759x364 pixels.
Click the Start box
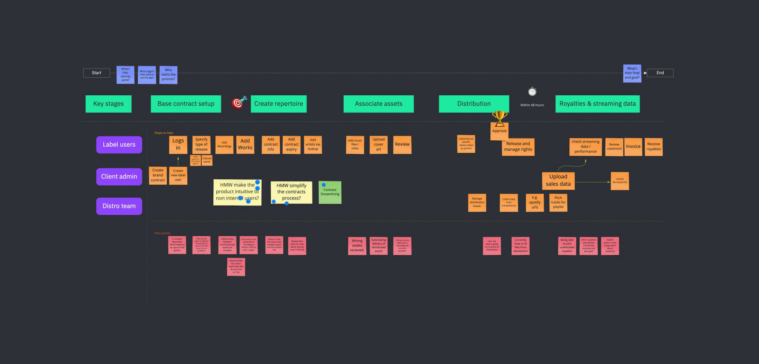(x=96, y=73)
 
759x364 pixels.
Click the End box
(x=660, y=73)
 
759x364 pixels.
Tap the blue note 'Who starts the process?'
(x=168, y=75)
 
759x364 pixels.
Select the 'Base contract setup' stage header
(x=186, y=104)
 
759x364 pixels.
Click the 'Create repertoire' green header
(x=278, y=104)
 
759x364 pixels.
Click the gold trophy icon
(x=499, y=117)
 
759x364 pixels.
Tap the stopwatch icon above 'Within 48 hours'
(x=532, y=92)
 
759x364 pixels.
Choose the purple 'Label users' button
(x=119, y=145)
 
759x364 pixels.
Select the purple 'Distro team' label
(x=119, y=206)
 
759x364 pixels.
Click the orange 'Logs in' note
(x=178, y=144)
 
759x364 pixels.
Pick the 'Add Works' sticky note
(x=245, y=144)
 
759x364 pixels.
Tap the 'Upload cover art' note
(x=378, y=144)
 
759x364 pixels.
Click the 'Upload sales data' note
(x=558, y=180)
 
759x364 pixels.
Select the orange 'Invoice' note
(x=633, y=146)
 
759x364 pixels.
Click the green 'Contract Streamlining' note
(x=330, y=193)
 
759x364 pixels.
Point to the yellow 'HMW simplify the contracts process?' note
(x=291, y=192)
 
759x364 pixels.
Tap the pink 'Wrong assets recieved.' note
(x=357, y=246)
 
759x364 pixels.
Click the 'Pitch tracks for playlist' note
(x=558, y=202)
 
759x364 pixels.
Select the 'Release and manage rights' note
(x=518, y=147)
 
